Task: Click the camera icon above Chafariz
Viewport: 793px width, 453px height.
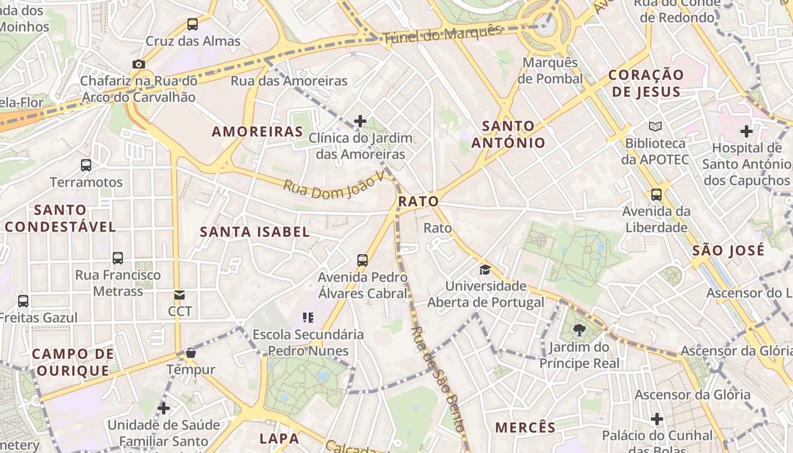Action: point(139,65)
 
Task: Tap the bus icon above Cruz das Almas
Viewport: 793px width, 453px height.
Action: point(193,24)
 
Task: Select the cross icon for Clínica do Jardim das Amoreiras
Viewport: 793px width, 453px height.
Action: point(360,121)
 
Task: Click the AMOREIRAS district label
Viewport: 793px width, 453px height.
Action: point(258,132)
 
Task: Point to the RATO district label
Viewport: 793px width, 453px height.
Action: point(419,201)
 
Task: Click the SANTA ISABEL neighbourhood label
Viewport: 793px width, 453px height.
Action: point(255,232)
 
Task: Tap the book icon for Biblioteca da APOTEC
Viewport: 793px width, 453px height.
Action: point(655,126)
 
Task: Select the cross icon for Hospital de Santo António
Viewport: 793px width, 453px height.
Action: point(747,131)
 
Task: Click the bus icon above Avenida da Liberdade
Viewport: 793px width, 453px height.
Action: point(656,195)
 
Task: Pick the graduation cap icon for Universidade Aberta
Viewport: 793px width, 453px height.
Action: point(485,269)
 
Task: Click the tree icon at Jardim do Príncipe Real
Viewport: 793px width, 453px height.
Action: point(579,330)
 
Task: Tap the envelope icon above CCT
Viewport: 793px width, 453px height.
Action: point(180,294)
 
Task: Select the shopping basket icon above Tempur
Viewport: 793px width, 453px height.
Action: point(191,353)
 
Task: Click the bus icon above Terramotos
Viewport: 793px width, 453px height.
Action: point(86,165)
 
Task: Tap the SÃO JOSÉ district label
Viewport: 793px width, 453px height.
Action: point(728,250)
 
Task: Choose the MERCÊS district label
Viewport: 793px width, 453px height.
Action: point(525,428)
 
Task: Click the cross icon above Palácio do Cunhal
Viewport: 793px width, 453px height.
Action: point(657,419)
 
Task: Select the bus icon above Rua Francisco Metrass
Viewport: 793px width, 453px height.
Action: point(118,258)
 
